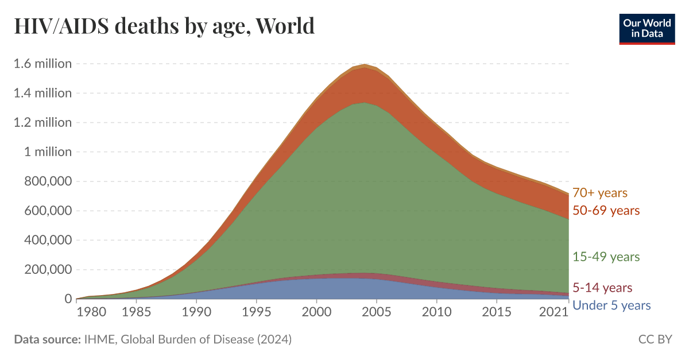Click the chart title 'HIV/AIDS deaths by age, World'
pos(164,26)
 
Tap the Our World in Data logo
pos(647,29)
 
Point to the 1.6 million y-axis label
pos(43,63)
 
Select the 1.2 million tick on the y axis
pos(43,122)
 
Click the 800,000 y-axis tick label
pos(48,181)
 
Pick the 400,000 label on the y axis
pos(48,240)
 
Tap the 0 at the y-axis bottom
pos(68,299)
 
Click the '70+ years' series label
pos(600,193)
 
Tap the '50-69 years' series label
pos(606,211)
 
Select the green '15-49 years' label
pos(606,257)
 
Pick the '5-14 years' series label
pos(602,288)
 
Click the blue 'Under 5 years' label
pos(611,305)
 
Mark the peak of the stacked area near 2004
pos(365,65)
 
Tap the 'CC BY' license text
pos(655,339)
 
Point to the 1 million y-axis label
pos(48,152)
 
